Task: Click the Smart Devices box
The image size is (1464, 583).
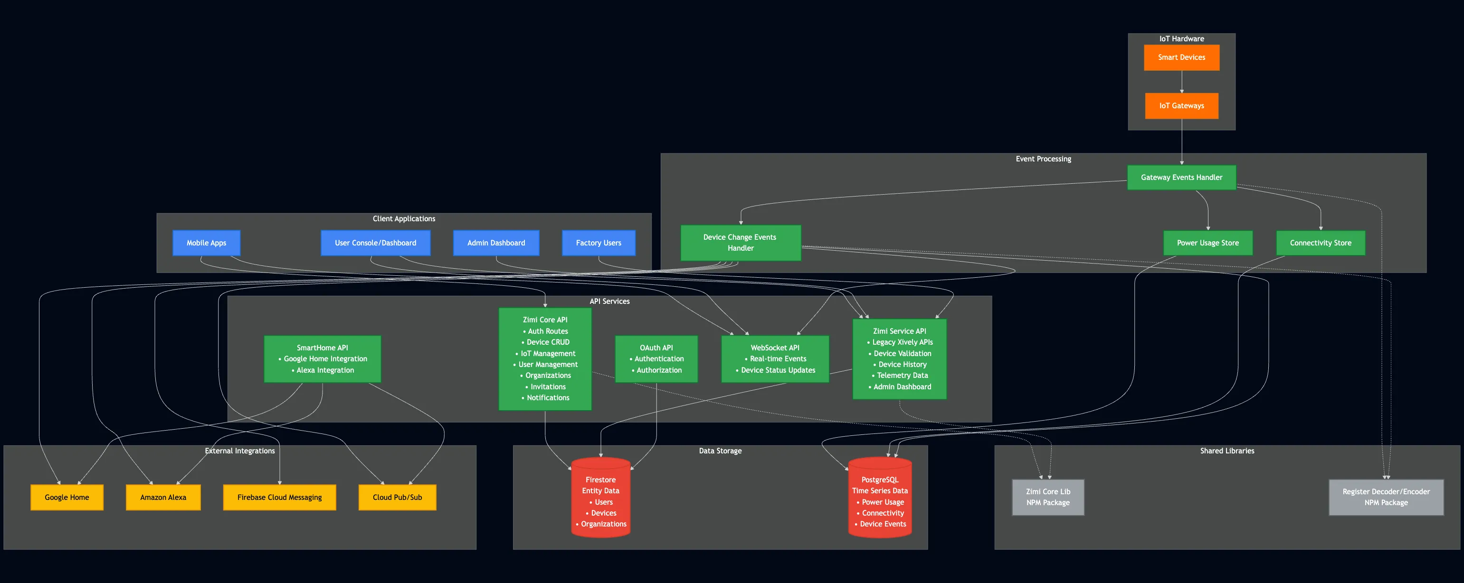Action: (1181, 57)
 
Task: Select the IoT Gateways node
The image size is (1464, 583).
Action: (1181, 106)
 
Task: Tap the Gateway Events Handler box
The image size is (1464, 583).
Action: (1181, 177)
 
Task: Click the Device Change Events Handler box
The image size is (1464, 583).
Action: (740, 243)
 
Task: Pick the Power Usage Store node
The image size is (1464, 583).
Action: (1207, 243)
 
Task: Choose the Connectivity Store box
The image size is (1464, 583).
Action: (1320, 243)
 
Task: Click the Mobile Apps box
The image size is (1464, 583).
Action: (206, 243)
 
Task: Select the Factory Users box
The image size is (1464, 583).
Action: (598, 243)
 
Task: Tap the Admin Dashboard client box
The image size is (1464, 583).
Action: (495, 243)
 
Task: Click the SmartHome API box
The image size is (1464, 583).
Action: (322, 358)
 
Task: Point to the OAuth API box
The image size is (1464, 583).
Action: (656, 358)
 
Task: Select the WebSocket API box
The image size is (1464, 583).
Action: (775, 358)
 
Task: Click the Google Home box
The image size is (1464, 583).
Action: (67, 497)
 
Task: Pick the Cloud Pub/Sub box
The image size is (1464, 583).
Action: (397, 497)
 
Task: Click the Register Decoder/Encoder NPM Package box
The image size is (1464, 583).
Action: (1386, 497)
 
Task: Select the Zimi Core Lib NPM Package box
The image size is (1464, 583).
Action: (1047, 497)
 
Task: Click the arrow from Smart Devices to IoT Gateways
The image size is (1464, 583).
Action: (1181, 82)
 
